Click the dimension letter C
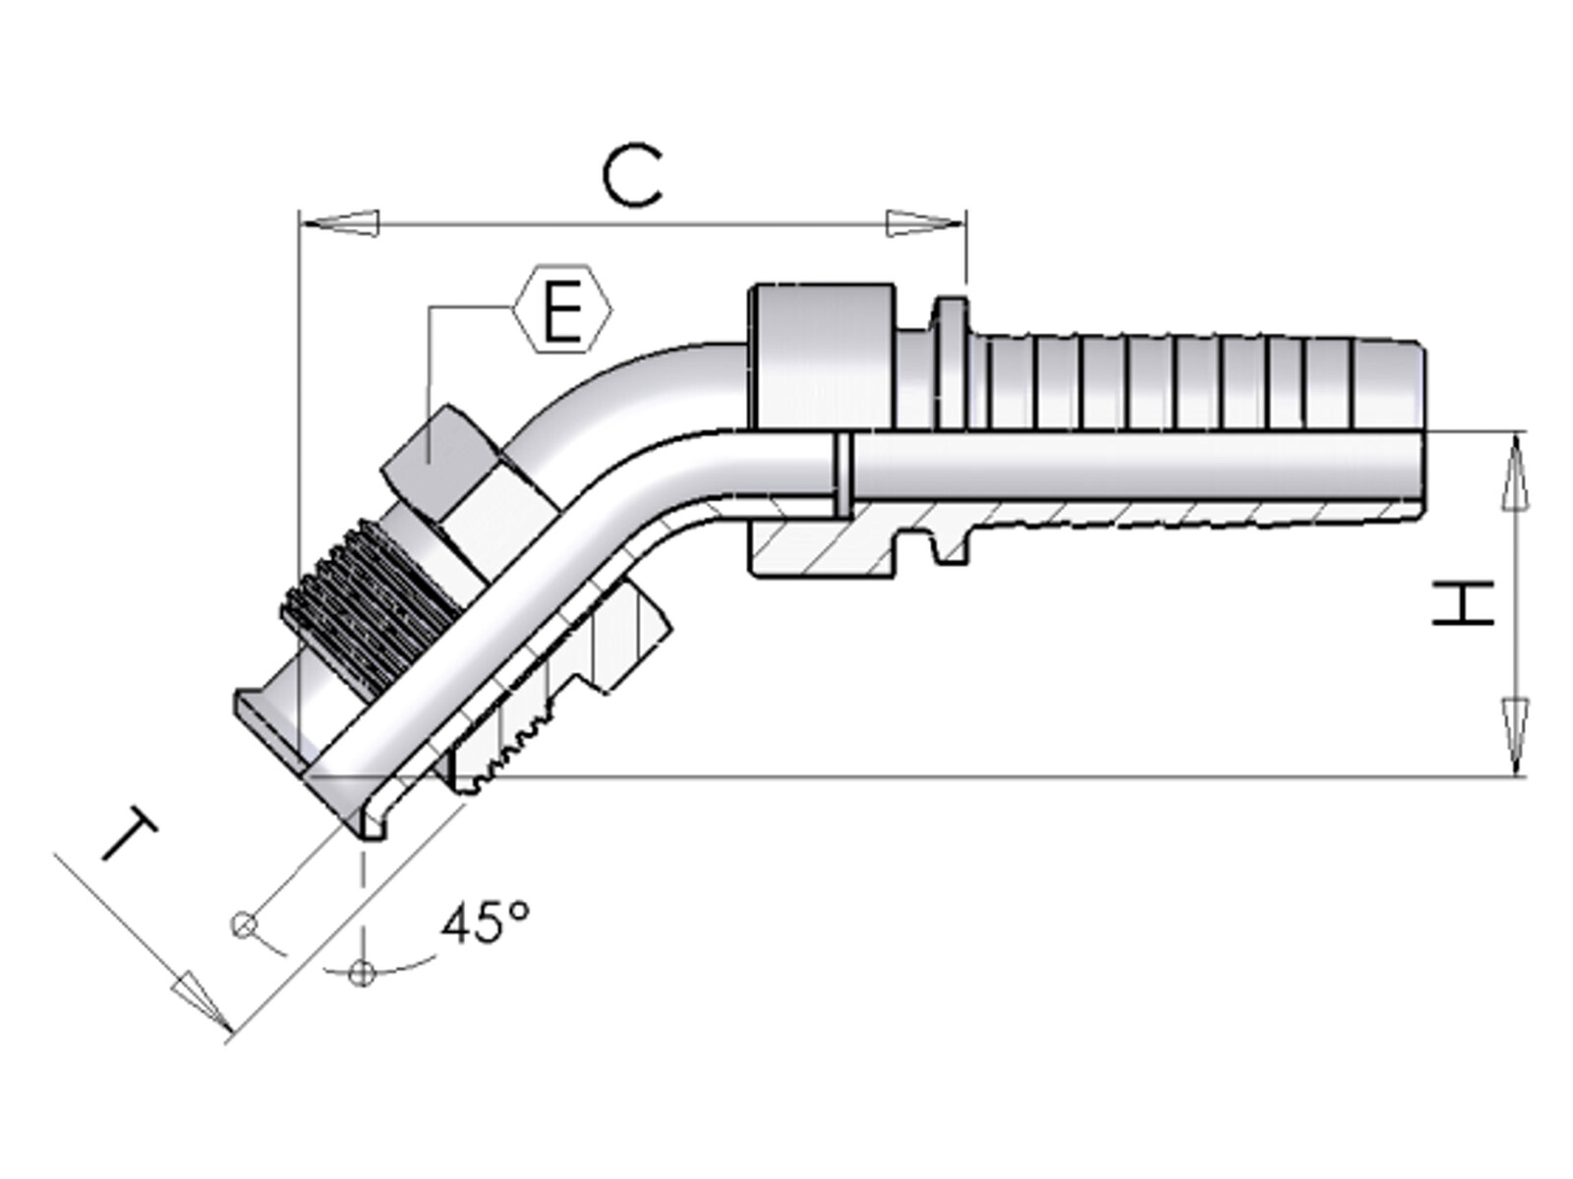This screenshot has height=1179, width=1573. point(631,177)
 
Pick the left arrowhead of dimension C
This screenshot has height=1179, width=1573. point(338,223)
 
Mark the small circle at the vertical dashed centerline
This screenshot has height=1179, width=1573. point(362,973)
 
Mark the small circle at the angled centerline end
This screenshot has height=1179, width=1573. point(244,926)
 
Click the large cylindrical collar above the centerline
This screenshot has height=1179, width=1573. point(821,358)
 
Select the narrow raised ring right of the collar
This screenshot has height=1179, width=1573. point(951,364)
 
